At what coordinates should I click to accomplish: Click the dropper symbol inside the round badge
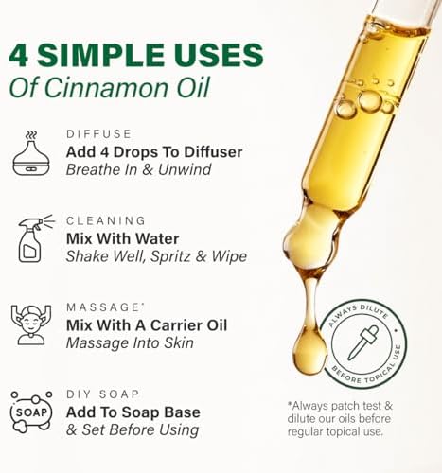tap(362, 342)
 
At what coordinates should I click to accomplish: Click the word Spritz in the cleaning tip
tap(181, 256)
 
